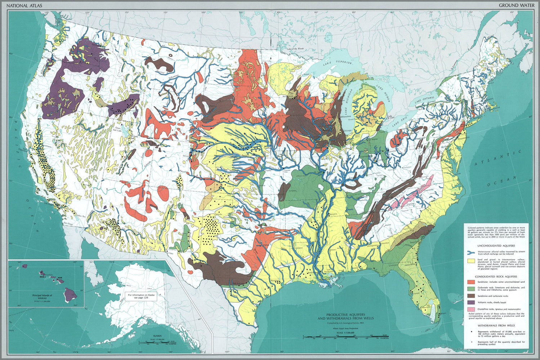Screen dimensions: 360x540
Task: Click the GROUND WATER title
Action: (x=514, y=5)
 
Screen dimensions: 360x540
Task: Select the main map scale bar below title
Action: (x=345, y=337)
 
